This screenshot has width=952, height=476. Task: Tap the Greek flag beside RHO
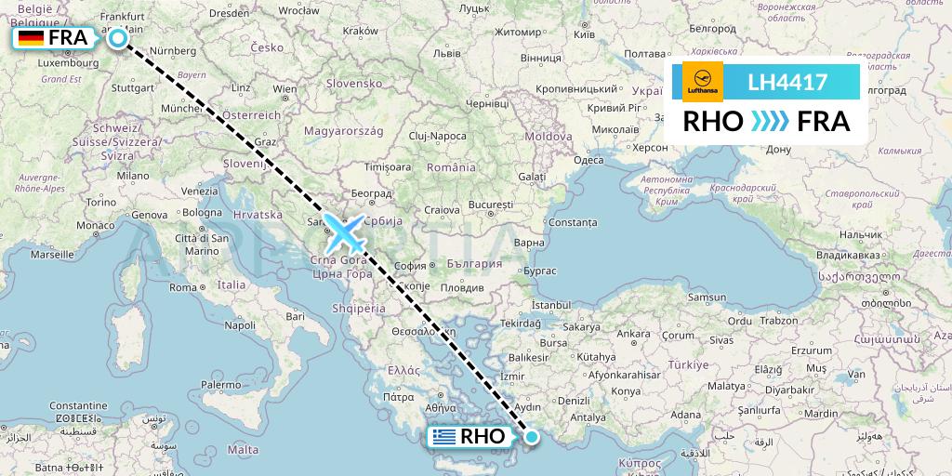tap(444, 437)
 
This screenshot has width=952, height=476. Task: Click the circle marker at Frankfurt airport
tap(118, 38)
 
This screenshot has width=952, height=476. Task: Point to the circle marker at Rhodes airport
tap(532, 436)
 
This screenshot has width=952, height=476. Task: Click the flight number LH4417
tap(787, 83)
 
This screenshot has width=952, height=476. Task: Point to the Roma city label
tap(182, 287)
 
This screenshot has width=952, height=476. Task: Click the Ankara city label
tap(634, 333)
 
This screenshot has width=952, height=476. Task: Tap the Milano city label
tap(133, 175)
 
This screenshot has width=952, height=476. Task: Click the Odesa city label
tap(589, 159)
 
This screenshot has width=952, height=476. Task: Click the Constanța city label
tap(573, 222)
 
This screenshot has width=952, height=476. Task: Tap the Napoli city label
tap(240, 325)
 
